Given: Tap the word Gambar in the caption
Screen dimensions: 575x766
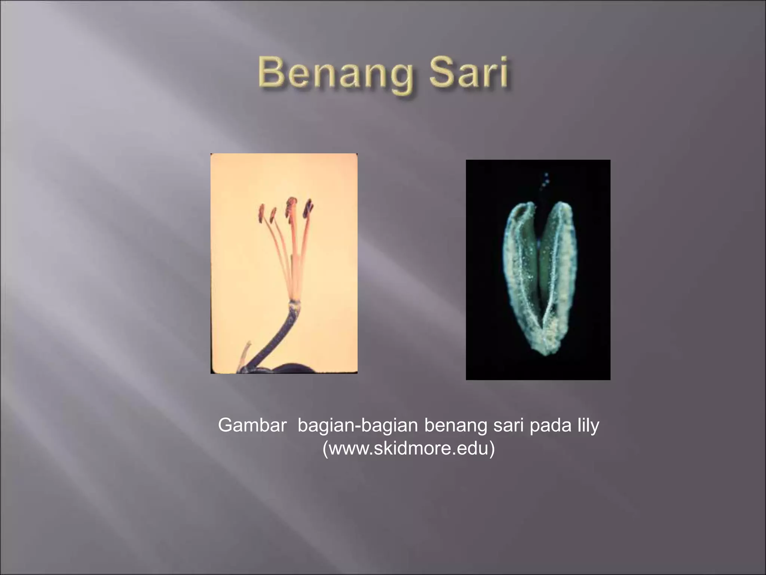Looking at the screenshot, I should pyautogui.click(x=252, y=425).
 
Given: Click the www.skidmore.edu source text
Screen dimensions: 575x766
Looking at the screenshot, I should pyautogui.click(x=408, y=448).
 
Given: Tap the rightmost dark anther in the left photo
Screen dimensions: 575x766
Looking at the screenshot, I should pyautogui.click(x=309, y=209).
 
